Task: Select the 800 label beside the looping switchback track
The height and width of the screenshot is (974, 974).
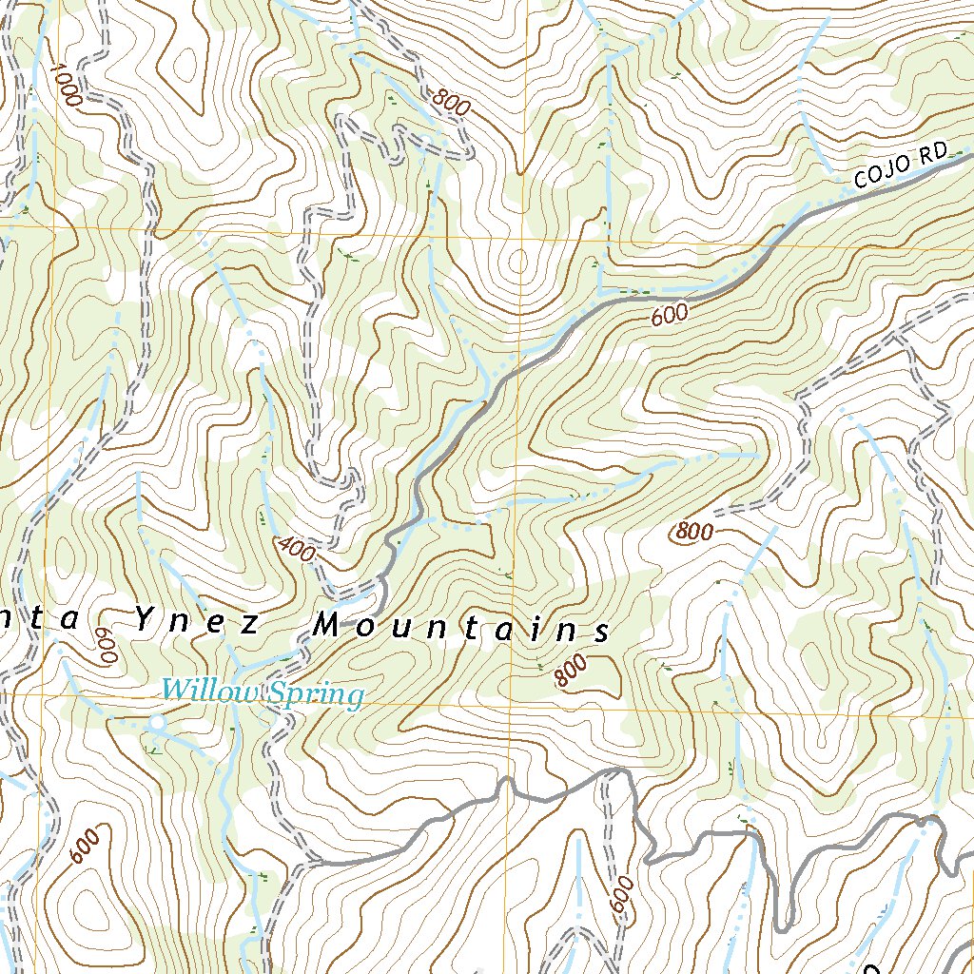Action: tap(450, 100)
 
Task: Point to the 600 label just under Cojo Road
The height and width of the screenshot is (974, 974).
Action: tap(670, 317)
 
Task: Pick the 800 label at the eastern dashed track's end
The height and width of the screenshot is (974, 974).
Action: tap(693, 533)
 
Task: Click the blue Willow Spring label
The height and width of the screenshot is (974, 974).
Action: tap(262, 692)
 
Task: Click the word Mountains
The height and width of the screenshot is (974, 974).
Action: tap(460, 627)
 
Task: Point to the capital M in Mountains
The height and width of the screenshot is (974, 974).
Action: tap(326, 625)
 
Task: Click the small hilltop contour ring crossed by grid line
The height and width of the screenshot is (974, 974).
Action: tap(519, 260)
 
